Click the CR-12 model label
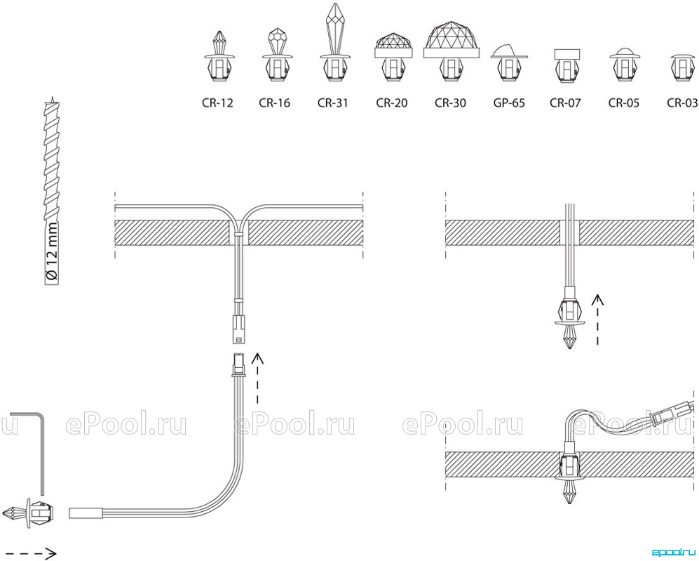tap(217, 103)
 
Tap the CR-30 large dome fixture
tap(452, 51)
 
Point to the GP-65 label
tap(509, 103)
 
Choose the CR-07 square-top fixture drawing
tap(567, 65)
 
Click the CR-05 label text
tap(624, 103)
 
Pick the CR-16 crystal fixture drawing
tap(277, 55)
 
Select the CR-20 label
tap(392, 103)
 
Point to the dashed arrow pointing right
tap(29, 553)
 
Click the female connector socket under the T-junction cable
tap(239, 329)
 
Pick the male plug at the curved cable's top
tap(239, 366)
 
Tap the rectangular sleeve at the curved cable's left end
tap(86, 513)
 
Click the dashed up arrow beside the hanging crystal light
tap(597, 319)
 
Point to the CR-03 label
tap(682, 103)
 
